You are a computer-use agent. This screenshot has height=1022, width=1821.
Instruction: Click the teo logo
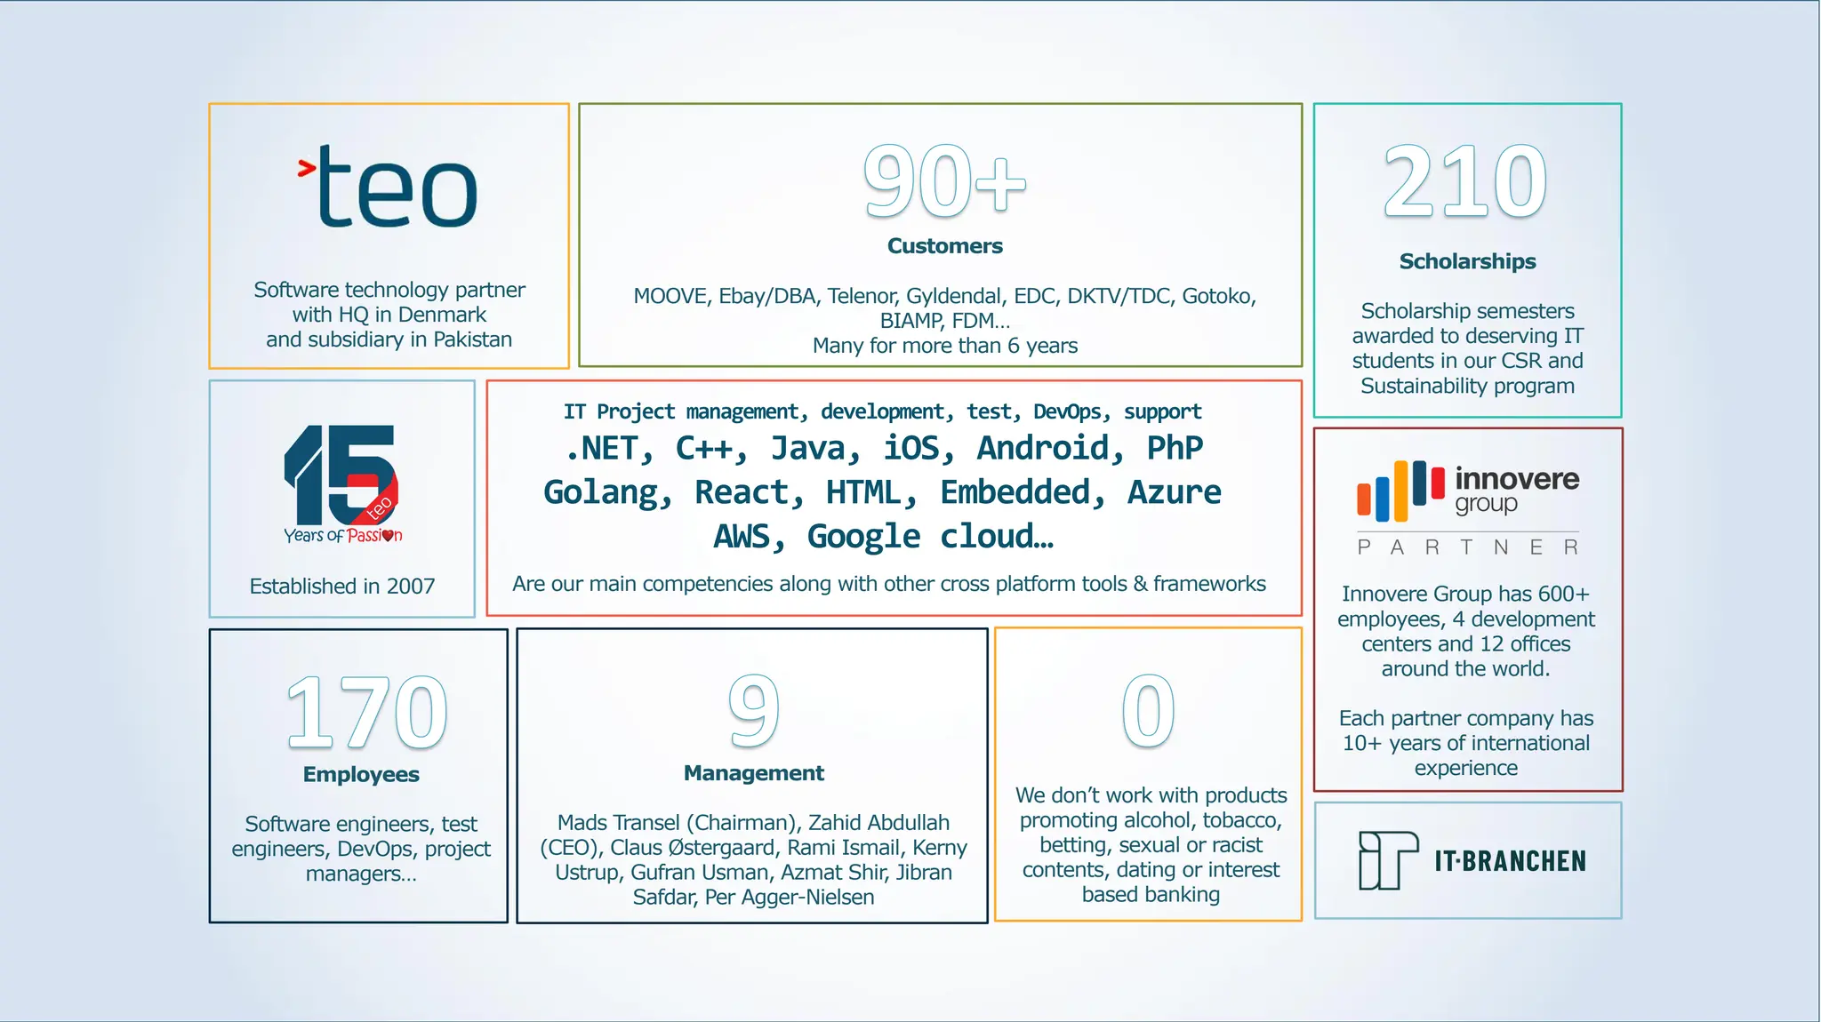[389, 186]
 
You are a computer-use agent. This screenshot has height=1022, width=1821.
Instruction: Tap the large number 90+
[944, 181]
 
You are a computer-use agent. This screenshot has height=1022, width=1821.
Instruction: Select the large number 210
[1465, 181]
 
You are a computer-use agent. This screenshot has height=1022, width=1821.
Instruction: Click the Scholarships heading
[1467, 261]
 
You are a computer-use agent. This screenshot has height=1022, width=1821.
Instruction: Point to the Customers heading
[944, 246]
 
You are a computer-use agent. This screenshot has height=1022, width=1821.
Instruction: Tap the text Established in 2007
[342, 587]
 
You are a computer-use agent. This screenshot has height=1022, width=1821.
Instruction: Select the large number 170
[366, 712]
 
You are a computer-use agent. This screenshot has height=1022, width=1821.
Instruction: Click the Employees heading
[361, 774]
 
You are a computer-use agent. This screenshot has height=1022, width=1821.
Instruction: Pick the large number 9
[753, 710]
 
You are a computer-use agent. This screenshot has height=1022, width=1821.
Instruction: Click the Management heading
[753, 773]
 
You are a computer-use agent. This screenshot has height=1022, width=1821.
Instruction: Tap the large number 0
[1148, 710]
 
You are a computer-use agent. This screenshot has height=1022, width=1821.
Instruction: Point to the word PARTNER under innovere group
[1467, 547]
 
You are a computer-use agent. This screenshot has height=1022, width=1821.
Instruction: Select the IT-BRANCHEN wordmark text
[1510, 861]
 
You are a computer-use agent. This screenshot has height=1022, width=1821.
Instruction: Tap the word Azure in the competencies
[1174, 492]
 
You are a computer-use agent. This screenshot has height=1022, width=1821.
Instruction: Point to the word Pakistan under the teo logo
[472, 339]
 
